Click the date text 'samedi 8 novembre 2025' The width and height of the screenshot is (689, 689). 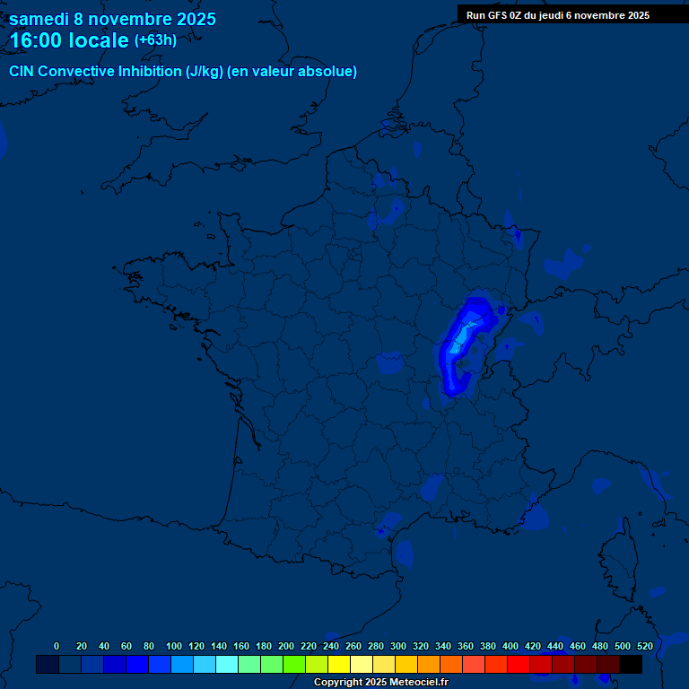112,19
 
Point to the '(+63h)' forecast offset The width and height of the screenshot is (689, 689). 155,40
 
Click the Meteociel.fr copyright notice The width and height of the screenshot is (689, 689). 380,682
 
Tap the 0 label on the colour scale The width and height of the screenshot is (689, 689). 57,646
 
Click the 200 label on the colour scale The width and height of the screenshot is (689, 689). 286,646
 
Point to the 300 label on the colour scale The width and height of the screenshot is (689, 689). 398,646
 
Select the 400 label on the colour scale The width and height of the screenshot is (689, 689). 510,646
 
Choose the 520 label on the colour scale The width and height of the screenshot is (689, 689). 644,646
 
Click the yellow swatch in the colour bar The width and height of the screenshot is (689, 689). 339,665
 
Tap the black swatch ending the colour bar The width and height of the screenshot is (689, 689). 631,665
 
